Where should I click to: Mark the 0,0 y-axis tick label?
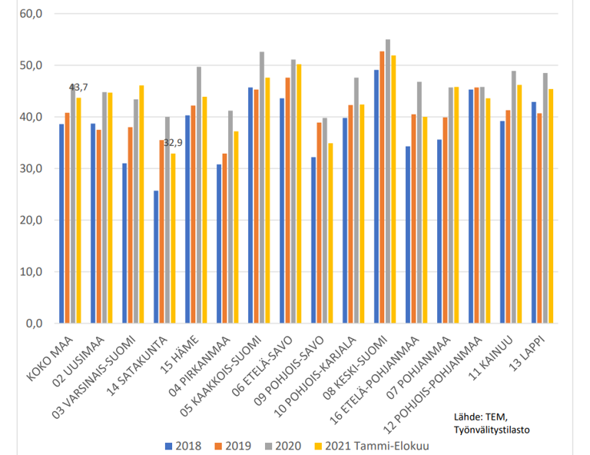click(35, 324)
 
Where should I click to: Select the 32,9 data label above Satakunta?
click(173, 143)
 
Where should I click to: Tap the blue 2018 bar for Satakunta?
click(156, 257)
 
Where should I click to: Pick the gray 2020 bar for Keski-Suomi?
click(388, 181)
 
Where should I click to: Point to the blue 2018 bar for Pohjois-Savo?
click(313, 240)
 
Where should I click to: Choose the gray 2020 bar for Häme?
click(200, 194)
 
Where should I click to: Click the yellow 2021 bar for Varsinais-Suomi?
click(141, 204)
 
